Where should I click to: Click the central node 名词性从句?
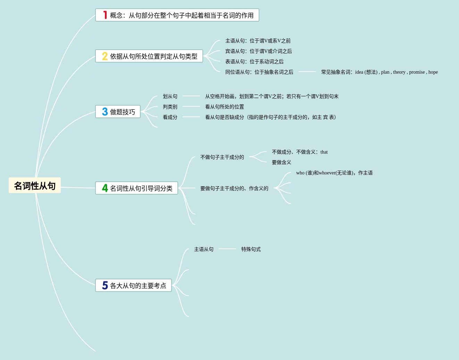tap(35, 186)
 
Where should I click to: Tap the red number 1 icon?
tap(105, 15)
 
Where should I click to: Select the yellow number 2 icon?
tap(105, 56)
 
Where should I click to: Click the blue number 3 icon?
tap(105, 112)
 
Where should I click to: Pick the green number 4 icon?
tap(105, 188)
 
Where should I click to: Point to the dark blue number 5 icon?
tap(105, 285)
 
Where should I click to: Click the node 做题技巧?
tap(122, 112)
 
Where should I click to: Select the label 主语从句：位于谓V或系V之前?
tap(258, 41)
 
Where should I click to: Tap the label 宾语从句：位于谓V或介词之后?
tap(258, 51)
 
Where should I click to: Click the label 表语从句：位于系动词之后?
tap(254, 62)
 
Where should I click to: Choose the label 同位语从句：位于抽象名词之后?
tap(259, 72)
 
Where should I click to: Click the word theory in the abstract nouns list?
tap(399, 72)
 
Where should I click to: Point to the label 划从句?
tap(170, 96)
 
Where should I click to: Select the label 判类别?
tap(170, 107)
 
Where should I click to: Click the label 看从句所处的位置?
tap(224, 107)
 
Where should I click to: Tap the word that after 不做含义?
tap(324, 152)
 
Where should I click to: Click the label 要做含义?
tap(281, 162)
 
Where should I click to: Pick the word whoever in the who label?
tap(327, 173)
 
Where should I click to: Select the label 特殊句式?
tap(251, 249)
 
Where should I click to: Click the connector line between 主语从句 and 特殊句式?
tap(227, 249)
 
